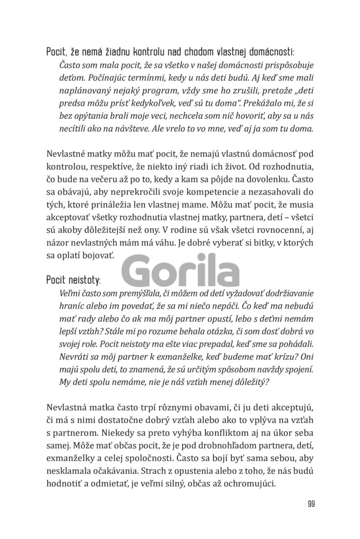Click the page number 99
(x=311, y=503)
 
